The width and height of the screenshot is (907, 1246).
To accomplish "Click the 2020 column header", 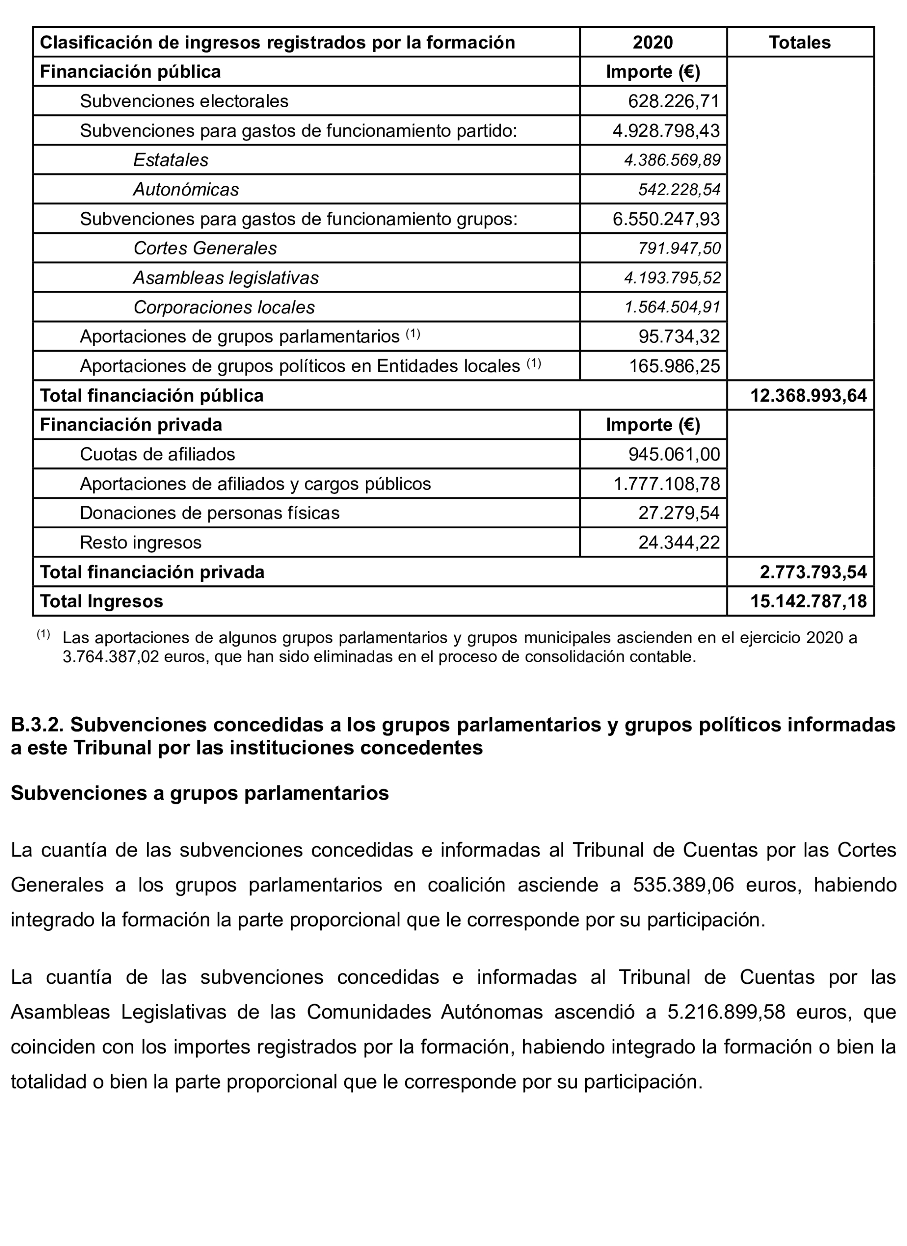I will click(653, 42).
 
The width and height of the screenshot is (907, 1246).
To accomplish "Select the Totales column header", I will click(799, 42).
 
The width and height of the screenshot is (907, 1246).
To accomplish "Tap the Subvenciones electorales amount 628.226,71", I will click(674, 101).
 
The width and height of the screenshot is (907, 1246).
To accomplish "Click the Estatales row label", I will click(171, 160).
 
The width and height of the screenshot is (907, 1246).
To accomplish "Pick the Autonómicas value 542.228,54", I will click(679, 189).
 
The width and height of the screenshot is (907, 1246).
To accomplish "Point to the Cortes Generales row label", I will click(205, 248).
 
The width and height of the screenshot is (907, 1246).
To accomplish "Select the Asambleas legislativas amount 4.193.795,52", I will click(672, 278).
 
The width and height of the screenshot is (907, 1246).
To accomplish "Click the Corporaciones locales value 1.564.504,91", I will click(672, 307).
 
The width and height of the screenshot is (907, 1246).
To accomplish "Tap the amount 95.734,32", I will click(679, 337).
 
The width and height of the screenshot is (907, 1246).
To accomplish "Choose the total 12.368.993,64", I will click(808, 395).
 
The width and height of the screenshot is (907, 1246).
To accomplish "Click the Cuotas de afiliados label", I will click(157, 454).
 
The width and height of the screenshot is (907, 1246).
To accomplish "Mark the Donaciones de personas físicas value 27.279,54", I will click(679, 513).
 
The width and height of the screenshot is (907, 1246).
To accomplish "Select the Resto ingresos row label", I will click(140, 543).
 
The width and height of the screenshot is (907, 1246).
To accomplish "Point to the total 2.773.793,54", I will click(813, 572).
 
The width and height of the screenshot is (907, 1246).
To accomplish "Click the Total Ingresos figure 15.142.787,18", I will click(808, 601).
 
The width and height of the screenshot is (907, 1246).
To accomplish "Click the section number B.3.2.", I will click(37, 725).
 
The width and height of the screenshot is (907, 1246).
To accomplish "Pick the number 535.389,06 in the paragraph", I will click(683, 885).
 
